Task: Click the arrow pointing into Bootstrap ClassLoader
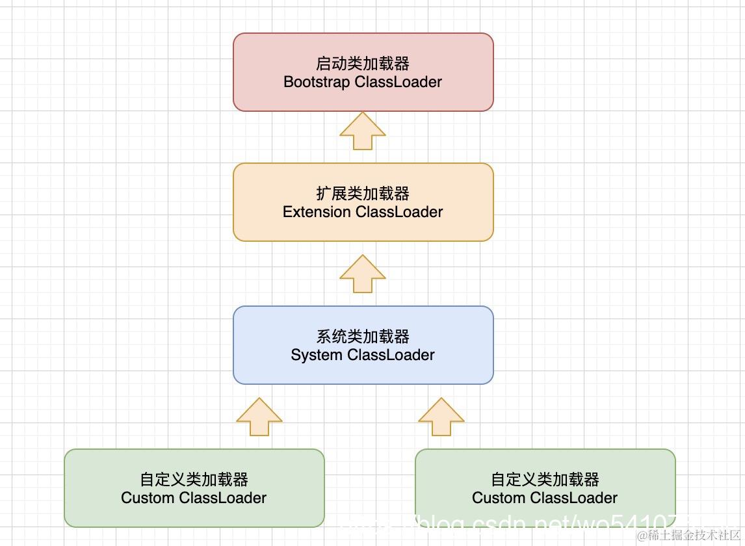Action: click(363, 131)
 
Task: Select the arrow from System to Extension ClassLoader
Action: click(363, 274)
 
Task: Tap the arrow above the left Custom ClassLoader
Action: click(259, 417)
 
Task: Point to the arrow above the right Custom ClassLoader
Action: click(441, 417)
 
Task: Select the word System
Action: click(316, 356)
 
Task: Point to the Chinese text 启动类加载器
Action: click(363, 64)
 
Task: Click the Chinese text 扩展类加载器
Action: click(363, 194)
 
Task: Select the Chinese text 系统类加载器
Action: click(363, 337)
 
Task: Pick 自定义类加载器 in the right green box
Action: click(545, 480)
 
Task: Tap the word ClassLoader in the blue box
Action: click(391, 356)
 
